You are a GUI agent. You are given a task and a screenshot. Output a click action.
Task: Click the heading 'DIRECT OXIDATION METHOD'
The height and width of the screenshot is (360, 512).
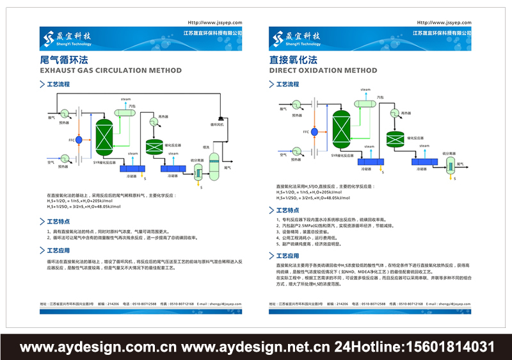[x=323, y=70]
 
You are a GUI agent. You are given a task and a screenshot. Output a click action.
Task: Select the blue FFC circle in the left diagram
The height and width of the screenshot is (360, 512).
[x=80, y=139]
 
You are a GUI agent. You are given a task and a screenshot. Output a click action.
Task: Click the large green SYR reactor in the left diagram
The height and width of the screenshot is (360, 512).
[x=102, y=136]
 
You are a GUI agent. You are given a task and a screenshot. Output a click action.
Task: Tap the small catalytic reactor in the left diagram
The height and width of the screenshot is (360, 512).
[x=154, y=147]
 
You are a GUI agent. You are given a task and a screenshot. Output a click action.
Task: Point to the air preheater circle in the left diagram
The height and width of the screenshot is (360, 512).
[x=64, y=158]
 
